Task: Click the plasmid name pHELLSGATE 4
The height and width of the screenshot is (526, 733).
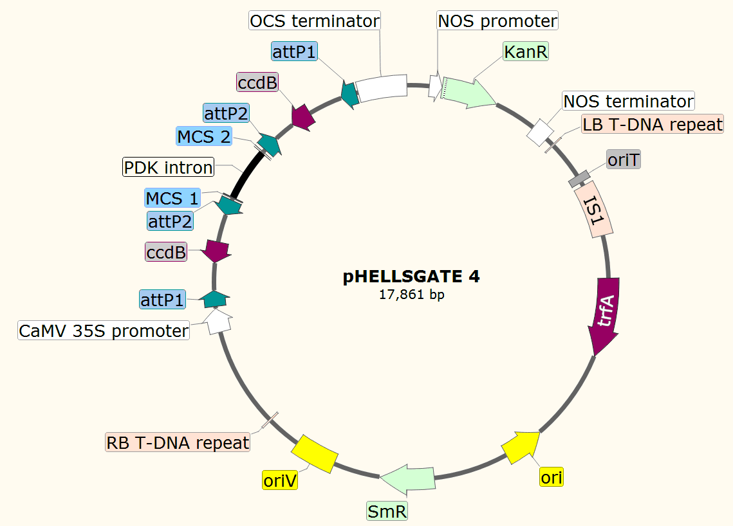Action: tap(411, 277)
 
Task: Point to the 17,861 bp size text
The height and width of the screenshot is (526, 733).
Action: tap(411, 295)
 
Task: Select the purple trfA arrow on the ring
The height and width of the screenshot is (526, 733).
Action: tap(605, 315)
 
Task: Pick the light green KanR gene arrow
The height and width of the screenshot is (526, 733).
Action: tap(468, 92)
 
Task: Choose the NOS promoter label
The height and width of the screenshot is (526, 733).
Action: tap(497, 21)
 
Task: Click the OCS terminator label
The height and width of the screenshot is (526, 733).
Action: tap(314, 21)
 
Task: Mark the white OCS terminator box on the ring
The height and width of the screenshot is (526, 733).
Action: tap(381, 88)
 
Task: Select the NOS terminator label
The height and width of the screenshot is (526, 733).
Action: tap(628, 101)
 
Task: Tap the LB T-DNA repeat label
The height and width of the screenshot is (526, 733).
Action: tap(653, 124)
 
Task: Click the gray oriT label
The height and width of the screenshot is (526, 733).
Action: tap(624, 159)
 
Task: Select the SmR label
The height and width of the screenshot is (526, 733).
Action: tap(387, 512)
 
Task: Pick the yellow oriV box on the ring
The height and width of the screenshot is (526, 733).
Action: tap(315, 453)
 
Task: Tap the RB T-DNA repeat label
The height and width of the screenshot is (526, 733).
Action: tap(178, 442)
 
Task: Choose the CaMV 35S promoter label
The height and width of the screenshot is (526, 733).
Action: tap(104, 331)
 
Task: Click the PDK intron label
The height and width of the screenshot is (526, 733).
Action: tap(168, 168)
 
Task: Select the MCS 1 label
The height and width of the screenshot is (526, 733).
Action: tap(172, 197)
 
